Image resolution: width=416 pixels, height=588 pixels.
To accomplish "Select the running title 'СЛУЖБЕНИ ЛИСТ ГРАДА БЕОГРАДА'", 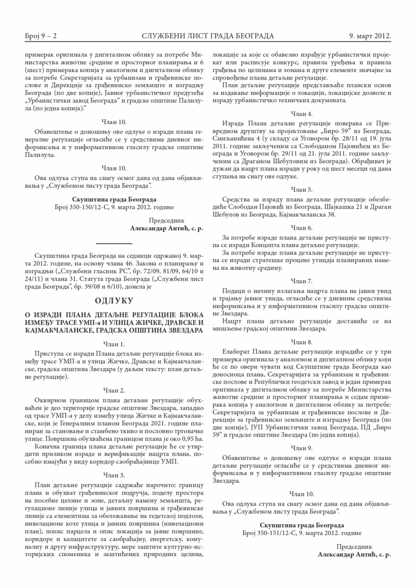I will coord(208,36).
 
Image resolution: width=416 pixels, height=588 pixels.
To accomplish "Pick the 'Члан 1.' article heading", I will coord(114,344).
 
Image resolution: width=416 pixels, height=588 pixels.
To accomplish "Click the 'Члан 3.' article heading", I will coord(114,475).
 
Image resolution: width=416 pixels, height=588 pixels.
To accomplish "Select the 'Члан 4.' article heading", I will coord(301,113).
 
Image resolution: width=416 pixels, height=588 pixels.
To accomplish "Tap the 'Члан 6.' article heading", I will coord(301,228).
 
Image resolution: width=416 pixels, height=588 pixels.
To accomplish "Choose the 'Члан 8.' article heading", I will coord(301,342).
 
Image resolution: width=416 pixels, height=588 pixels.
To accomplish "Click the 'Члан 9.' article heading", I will coord(301,448).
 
